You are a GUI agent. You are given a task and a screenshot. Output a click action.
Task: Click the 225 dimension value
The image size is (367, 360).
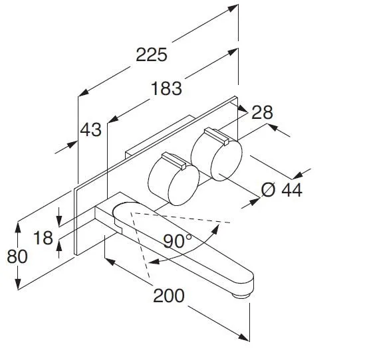coord(152,54)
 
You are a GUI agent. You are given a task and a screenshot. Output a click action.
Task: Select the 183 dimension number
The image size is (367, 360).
coord(166,88)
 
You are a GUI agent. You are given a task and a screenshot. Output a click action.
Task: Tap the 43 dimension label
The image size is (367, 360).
coord(91,130)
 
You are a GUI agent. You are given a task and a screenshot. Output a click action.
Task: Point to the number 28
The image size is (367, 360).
coord(262,112)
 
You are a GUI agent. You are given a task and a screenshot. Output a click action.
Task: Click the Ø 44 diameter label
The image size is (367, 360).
coord(282,190)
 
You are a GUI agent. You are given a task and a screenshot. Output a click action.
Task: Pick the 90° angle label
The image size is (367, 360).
coord(177,241)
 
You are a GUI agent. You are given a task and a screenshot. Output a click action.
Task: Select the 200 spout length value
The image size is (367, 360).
coord(169,296)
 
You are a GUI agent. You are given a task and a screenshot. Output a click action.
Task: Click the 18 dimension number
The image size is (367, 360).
coord(43,238)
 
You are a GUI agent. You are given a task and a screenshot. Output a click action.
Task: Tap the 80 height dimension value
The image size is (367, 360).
coord(17,256)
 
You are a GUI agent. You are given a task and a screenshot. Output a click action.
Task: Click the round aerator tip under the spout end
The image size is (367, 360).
coord(241,296)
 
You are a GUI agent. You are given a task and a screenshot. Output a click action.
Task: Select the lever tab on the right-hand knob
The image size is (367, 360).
coord(217,136)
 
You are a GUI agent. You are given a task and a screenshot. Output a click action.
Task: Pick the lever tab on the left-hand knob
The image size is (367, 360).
coord(174,161)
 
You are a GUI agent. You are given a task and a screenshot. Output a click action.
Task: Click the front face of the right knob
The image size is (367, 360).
coord(227,161)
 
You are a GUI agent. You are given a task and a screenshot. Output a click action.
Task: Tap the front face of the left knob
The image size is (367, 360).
coord(183,185)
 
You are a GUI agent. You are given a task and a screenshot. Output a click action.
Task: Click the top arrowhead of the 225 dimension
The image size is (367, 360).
coord(233,9)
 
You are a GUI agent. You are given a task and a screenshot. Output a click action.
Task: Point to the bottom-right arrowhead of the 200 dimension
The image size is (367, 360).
coord(244,337)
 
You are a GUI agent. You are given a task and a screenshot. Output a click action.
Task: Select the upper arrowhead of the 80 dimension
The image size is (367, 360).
coord(18,227)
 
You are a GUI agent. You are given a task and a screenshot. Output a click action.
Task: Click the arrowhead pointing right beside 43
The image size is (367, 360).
coord(72,144)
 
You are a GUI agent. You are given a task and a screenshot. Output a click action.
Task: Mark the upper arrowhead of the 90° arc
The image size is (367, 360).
coord(215,229)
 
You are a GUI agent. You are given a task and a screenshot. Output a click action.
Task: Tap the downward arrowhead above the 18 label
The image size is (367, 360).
coord(59,221)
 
